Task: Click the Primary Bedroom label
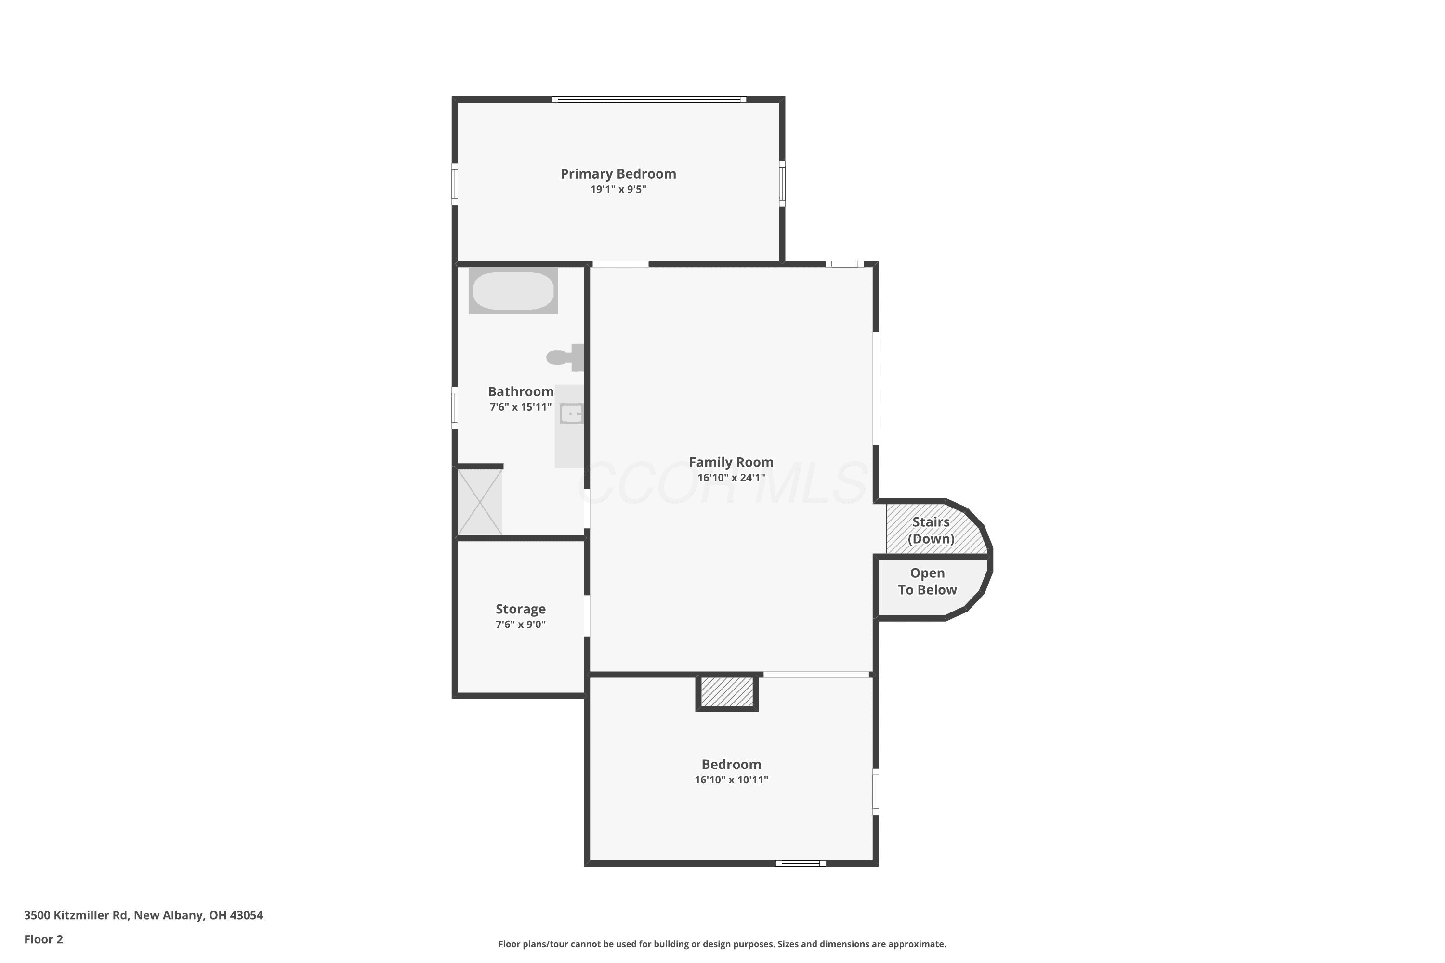(x=618, y=174)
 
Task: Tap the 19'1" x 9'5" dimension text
(x=618, y=189)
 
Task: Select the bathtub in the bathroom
(x=513, y=290)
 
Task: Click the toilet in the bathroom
(x=565, y=357)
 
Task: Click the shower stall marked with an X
(x=480, y=502)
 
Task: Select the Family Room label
(x=731, y=462)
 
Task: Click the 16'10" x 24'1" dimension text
(x=731, y=478)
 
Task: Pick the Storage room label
(x=520, y=609)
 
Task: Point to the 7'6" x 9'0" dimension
(x=520, y=625)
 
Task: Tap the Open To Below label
(x=927, y=582)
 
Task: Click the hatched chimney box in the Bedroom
(x=727, y=692)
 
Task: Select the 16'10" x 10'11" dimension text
(x=731, y=780)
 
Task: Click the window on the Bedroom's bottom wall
(x=801, y=863)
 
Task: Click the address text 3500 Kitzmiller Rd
(x=76, y=915)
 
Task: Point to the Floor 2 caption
(x=44, y=939)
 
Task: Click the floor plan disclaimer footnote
(x=722, y=944)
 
